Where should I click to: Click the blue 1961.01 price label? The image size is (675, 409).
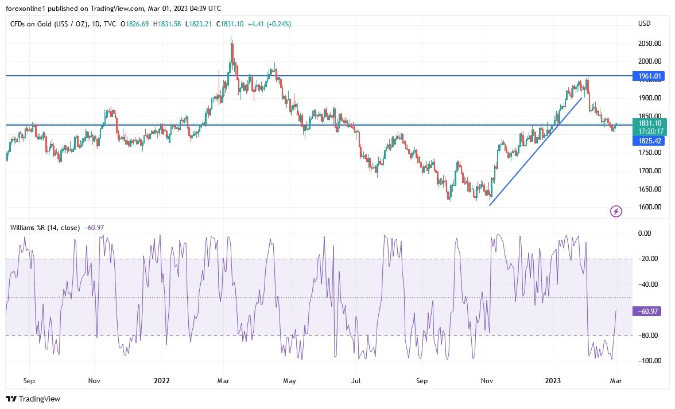[x=648, y=76]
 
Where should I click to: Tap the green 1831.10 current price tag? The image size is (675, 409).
[x=648, y=123]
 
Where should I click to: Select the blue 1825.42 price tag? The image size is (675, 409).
[x=648, y=141]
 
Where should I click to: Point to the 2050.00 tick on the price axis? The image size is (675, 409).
[x=649, y=44]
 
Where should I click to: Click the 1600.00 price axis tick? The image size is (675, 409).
[x=649, y=207]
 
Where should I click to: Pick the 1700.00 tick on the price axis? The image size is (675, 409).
[x=649, y=171]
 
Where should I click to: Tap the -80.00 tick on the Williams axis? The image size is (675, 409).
[x=647, y=335]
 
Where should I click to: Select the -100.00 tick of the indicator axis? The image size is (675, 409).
[x=648, y=361]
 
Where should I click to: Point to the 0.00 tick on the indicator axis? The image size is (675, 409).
[x=645, y=233]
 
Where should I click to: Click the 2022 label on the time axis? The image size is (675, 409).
[x=162, y=380]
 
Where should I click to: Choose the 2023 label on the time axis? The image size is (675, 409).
[x=553, y=380]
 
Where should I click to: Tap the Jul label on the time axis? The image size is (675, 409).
[x=356, y=380]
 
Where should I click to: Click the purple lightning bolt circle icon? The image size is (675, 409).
[x=616, y=212]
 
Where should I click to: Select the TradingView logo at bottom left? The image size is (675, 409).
[x=33, y=399]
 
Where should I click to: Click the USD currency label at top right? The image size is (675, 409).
[x=644, y=24]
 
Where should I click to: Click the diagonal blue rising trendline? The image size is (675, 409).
[x=534, y=152]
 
